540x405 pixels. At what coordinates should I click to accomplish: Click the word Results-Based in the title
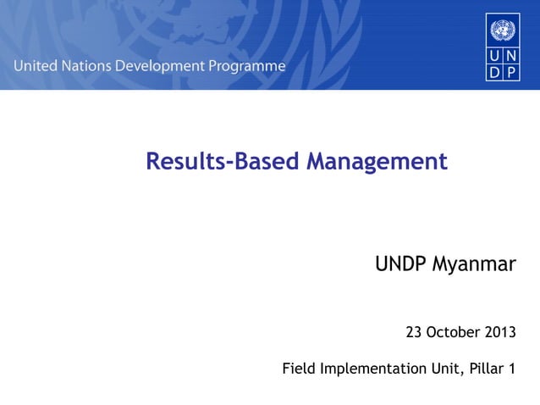pyautogui.click(x=223, y=161)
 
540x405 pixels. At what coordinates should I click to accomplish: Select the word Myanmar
pyautogui.click(x=473, y=265)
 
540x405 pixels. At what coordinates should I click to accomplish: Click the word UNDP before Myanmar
pyautogui.click(x=402, y=265)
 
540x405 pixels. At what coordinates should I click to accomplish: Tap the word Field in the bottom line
pyautogui.click(x=297, y=369)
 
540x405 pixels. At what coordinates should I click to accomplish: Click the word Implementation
pyautogui.click(x=369, y=369)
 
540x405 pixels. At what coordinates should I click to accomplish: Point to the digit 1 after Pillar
pyautogui.click(x=511, y=369)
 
